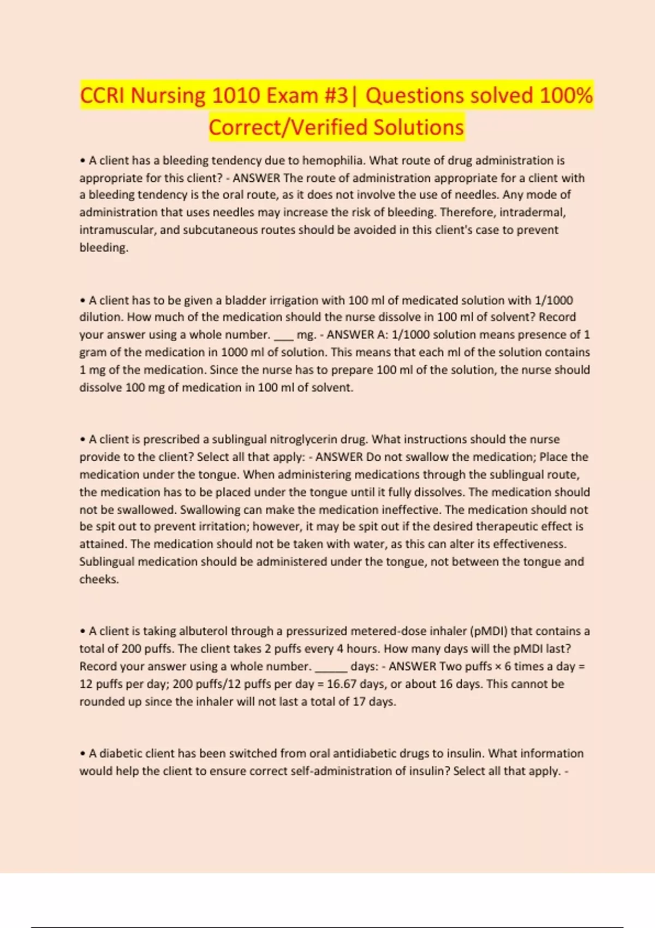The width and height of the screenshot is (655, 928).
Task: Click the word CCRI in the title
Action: click(103, 96)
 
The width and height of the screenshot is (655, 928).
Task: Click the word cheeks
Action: click(98, 579)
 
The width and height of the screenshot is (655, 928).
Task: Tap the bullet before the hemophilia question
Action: click(82, 161)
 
